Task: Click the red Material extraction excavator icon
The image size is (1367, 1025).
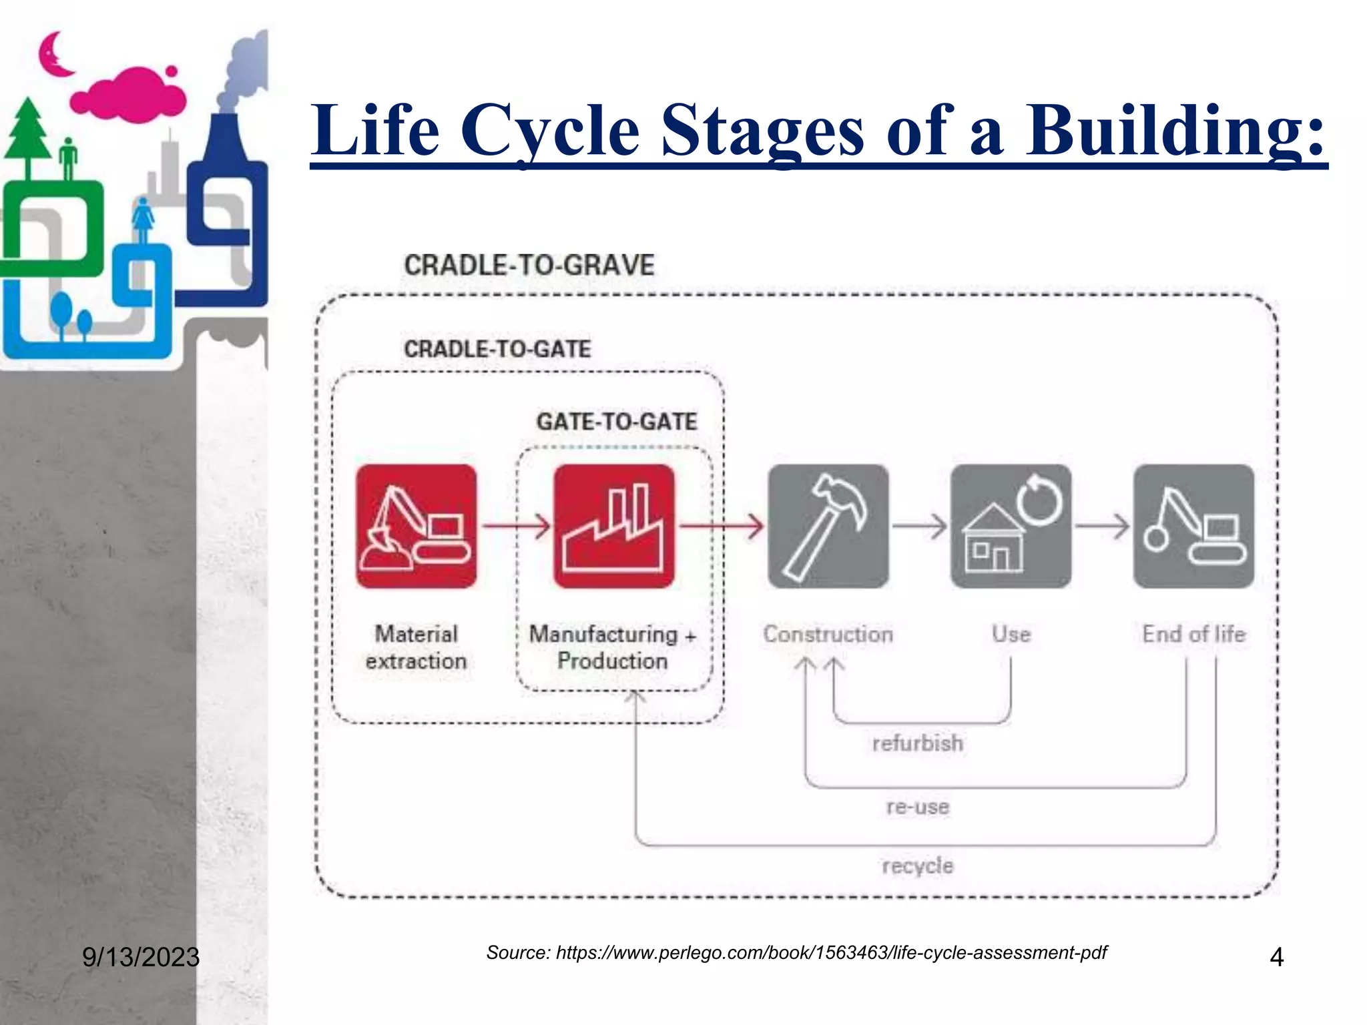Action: pos(416,526)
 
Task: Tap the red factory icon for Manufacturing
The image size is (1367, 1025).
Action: pos(613,526)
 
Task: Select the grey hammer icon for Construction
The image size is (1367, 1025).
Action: pos(828,526)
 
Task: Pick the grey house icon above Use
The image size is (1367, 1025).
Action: pos(1011,526)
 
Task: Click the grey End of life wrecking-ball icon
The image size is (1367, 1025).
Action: pos(1193,526)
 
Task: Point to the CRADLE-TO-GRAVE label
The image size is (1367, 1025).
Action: pos(529,266)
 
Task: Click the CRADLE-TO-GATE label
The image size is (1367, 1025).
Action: pos(497,349)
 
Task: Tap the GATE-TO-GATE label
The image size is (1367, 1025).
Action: pos(616,422)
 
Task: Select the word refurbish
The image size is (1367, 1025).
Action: pos(917,743)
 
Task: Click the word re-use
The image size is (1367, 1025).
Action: pos(917,806)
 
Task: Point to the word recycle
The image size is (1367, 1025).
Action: pos(917,866)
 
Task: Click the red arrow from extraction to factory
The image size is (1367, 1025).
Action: pos(516,526)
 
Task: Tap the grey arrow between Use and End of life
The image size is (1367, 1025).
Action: pos(1102,526)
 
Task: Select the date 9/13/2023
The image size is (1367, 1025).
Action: pos(141,957)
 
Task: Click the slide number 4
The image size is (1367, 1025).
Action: pos(1276,957)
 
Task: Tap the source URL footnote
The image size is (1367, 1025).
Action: pos(796,952)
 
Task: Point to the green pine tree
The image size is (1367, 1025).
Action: pos(28,133)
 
